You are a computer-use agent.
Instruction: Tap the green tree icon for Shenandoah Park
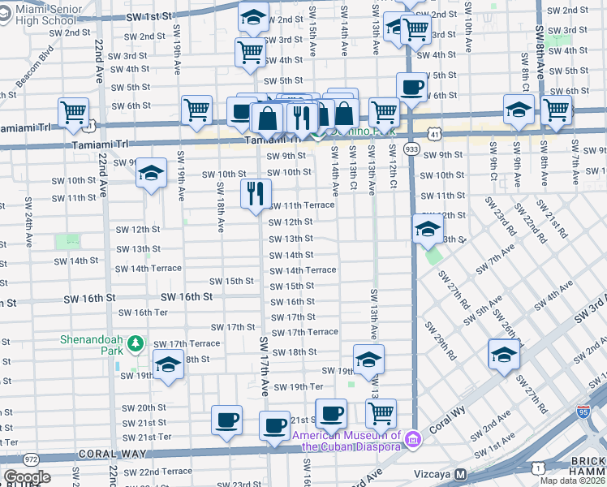(139, 347)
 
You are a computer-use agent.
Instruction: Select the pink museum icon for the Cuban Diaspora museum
(414, 440)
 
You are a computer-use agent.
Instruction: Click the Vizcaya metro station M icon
(460, 474)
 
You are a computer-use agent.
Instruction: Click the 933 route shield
(411, 149)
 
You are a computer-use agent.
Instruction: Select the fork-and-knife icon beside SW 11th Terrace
(255, 193)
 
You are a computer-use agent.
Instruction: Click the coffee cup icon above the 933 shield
(411, 88)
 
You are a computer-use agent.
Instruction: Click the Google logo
(28, 477)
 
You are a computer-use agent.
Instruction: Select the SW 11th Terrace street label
(301, 205)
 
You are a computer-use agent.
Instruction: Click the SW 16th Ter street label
(143, 312)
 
